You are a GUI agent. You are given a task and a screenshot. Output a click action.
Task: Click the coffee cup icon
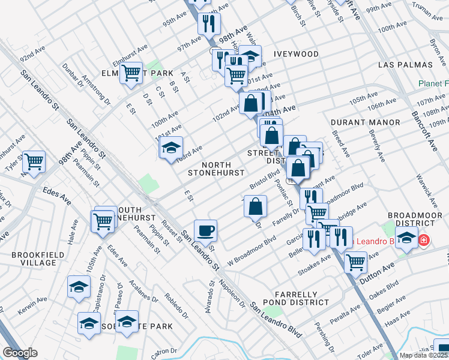[x=205, y=230]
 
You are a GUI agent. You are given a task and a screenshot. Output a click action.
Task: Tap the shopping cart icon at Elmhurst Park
[x=130, y=74]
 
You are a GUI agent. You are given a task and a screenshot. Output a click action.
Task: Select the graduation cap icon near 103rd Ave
[x=171, y=147]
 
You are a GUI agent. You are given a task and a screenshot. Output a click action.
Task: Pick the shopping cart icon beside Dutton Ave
[x=356, y=261]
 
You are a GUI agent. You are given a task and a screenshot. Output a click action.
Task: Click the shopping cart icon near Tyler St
[x=34, y=161]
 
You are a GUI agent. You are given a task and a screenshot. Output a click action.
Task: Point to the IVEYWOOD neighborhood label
[x=296, y=54]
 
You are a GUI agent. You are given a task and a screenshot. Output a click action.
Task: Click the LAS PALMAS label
[x=406, y=64]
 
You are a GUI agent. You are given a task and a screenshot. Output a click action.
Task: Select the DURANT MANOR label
[x=365, y=122]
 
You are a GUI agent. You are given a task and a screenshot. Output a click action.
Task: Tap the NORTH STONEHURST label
[x=215, y=169]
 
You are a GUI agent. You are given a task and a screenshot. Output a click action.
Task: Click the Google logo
[x=20, y=353]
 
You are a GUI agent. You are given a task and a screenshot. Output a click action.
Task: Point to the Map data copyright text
[x=424, y=355]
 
